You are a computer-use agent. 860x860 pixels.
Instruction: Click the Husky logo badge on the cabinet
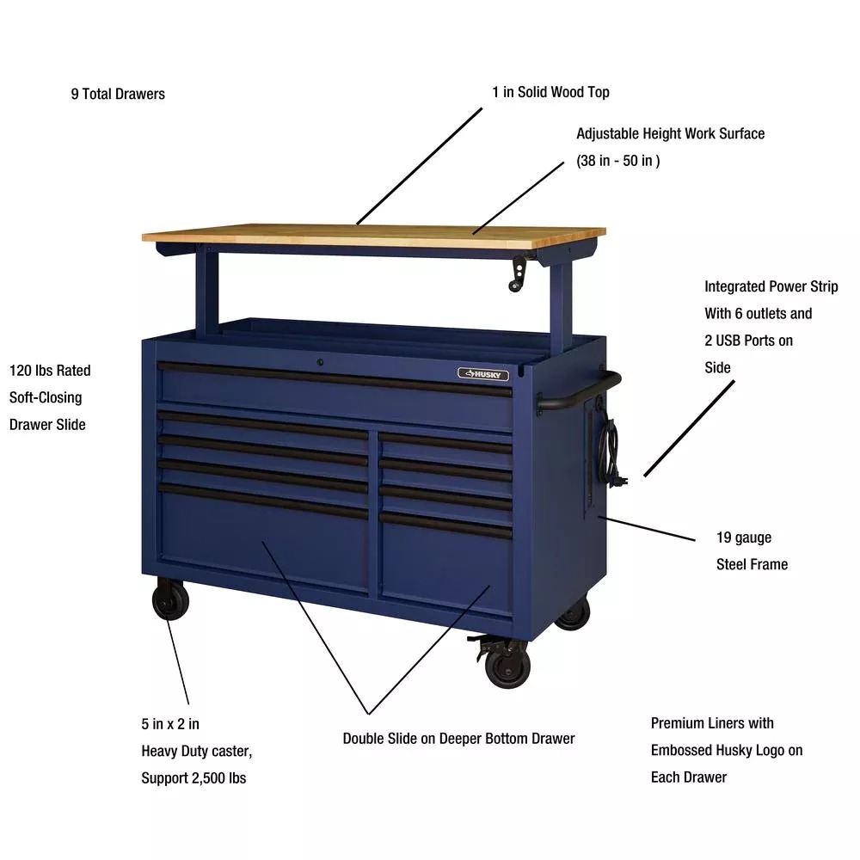483,374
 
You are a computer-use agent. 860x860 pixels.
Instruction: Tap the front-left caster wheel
170,601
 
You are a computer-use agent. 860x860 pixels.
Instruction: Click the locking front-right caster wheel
507,666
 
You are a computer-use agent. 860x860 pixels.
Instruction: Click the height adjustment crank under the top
518,273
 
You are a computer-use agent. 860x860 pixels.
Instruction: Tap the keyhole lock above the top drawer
320,362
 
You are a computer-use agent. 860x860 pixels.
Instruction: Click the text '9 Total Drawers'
118,94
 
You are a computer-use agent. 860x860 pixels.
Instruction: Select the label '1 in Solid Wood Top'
550,92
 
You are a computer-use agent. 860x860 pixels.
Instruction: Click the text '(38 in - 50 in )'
618,161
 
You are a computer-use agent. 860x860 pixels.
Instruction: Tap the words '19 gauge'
744,537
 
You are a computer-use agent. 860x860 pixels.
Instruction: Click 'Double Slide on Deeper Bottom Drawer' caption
458,738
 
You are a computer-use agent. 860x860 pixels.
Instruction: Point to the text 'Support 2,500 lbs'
193,777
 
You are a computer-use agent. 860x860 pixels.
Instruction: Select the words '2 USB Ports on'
749,341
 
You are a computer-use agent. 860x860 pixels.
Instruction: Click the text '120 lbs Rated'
50,370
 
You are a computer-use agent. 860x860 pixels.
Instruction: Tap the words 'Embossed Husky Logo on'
727,750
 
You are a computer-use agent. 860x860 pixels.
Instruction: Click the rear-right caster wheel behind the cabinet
573,613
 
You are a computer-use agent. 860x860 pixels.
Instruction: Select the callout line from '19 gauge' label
647,529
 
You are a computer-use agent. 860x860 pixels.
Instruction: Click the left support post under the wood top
206,291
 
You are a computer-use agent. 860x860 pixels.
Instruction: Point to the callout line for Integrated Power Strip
689,428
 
